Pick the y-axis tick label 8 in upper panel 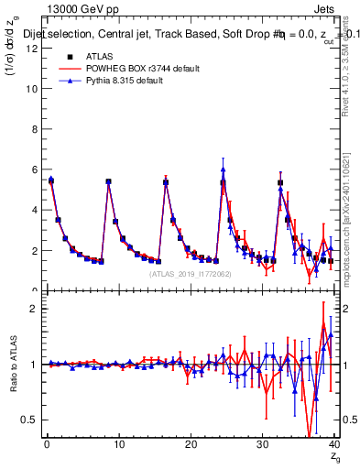[34, 129]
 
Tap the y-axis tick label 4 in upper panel [34, 210]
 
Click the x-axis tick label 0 [46, 444]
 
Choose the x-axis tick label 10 [117, 444]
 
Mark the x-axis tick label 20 [190, 444]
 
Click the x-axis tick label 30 [261, 444]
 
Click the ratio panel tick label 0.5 [30, 420]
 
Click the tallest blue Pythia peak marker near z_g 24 [223, 169]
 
